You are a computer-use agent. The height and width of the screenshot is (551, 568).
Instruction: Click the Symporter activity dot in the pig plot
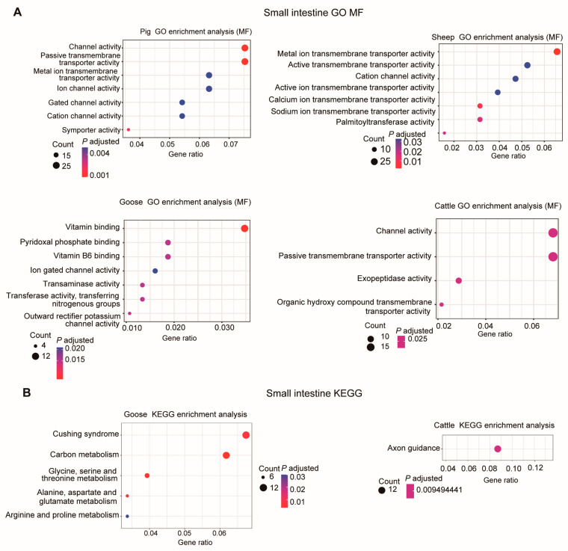coord(129,130)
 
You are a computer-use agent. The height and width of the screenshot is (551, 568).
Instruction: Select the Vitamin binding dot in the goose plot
coord(244,228)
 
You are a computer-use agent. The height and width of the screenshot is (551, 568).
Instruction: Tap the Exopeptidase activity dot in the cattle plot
coord(459,280)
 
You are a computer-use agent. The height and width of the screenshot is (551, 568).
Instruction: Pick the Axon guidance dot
coord(498,449)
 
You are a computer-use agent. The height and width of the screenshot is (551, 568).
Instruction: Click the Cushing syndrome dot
coord(246,435)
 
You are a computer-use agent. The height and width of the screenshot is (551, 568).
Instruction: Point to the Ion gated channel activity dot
coord(155,271)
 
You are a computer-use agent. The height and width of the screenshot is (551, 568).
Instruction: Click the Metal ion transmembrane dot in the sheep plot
coord(557,52)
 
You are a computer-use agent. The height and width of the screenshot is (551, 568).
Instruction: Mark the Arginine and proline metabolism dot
coord(128,517)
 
